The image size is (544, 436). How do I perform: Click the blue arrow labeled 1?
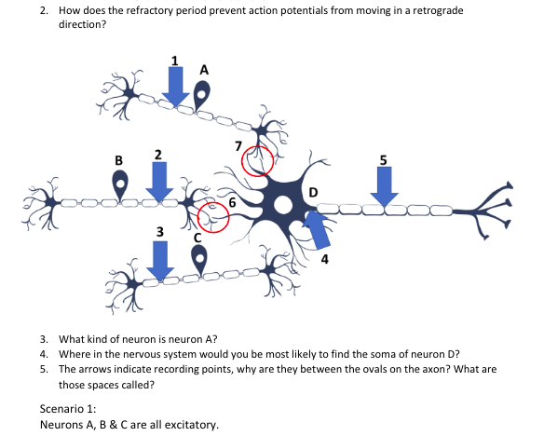[x=174, y=86]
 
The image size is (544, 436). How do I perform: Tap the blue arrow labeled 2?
[x=159, y=179]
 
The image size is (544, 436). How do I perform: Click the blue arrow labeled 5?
[x=383, y=185]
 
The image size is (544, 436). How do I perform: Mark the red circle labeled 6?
[x=212, y=218]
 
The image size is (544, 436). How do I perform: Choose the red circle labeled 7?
[x=257, y=160]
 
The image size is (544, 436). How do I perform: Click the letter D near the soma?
[x=312, y=193]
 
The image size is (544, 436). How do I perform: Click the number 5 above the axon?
[x=383, y=157]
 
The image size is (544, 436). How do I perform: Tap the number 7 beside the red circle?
[x=239, y=145]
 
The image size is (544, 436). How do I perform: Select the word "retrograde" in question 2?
[x=433, y=9]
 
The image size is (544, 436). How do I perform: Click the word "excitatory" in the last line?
[x=190, y=425]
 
